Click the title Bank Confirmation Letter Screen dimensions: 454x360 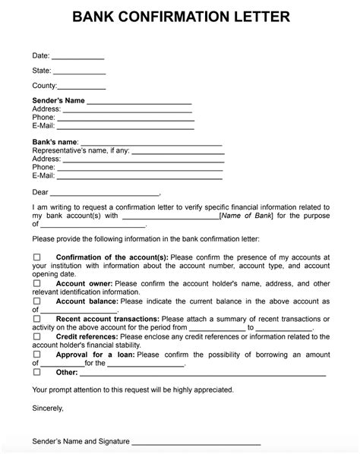tap(180, 17)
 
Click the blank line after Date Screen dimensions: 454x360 tap(77, 58)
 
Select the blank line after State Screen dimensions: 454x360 tap(79, 73)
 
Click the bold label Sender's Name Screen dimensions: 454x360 tap(58, 100)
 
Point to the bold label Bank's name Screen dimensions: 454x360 tap(55, 142)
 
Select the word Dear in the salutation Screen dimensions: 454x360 tap(39, 192)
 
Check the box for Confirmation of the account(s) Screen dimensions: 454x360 tap(36, 257)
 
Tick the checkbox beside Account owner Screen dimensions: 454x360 tap(36, 284)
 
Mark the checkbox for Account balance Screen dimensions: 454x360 tap(36, 301)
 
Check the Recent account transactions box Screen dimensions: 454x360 tap(36, 319)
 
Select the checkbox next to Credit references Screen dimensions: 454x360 tap(36, 336)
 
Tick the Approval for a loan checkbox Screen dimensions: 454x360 tap(36, 355)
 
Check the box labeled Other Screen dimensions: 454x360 tap(36, 373)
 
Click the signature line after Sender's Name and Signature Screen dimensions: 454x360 tap(197, 443)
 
